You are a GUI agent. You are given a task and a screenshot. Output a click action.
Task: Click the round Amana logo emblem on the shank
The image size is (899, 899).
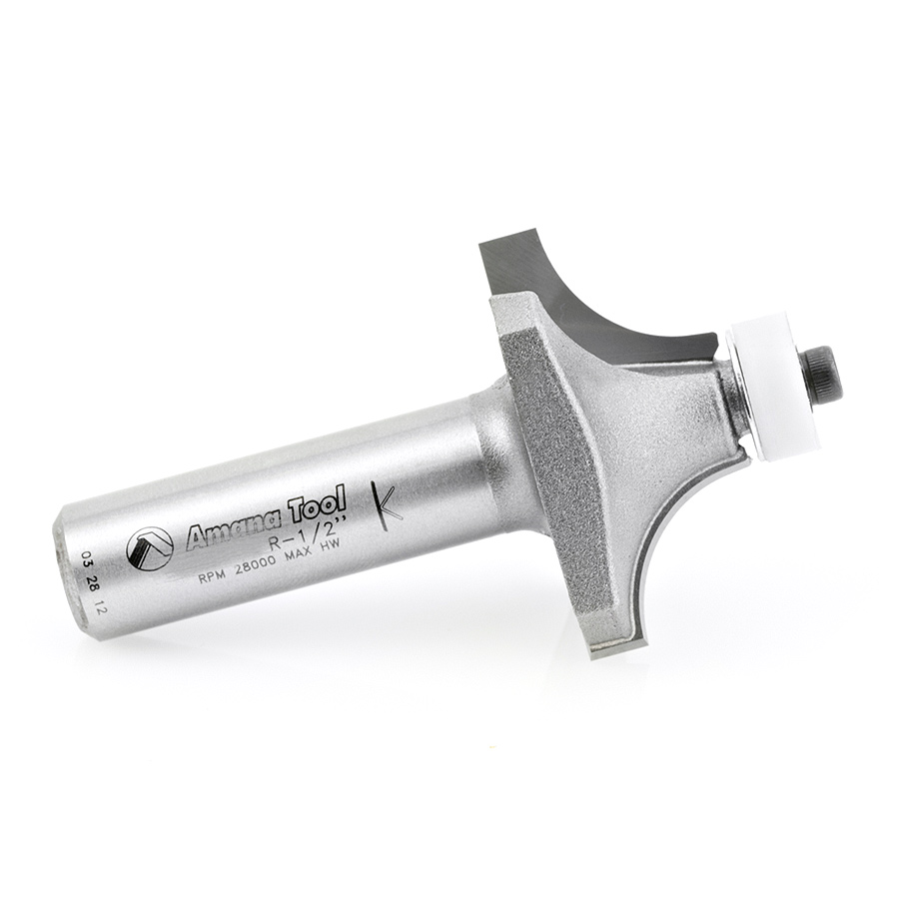(150, 548)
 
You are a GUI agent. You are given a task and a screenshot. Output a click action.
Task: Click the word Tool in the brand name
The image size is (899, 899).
(319, 503)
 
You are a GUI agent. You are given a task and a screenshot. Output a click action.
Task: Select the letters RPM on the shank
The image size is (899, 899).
(210, 577)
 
